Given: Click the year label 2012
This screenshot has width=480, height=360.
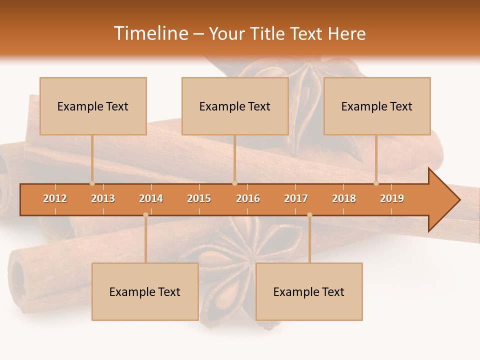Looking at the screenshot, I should click(x=55, y=198).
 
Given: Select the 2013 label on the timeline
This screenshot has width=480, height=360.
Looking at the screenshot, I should click(x=103, y=198).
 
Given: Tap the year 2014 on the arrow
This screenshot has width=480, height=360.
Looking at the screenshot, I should click(x=151, y=198).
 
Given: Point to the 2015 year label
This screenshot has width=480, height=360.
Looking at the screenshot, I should click(x=199, y=198).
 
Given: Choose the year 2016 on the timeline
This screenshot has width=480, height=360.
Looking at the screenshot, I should click(x=248, y=198).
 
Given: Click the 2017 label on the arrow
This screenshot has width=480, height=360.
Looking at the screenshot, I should click(x=296, y=198).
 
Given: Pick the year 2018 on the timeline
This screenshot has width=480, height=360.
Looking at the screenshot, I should click(x=344, y=198).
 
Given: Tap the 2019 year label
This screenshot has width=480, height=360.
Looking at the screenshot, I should click(x=392, y=198).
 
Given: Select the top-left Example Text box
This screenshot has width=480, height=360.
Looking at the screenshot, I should click(x=93, y=106).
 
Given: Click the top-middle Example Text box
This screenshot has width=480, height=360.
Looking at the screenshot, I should click(x=235, y=106).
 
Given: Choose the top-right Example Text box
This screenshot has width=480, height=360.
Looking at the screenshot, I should click(x=377, y=106).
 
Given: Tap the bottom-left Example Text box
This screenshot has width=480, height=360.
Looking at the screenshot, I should click(x=145, y=291).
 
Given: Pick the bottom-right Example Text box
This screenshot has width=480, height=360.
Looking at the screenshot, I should click(x=309, y=291).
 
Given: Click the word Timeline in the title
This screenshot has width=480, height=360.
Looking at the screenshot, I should click(x=150, y=33).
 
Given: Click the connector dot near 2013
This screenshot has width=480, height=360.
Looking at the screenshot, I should click(x=92, y=183).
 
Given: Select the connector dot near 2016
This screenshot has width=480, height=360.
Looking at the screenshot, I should click(x=235, y=183).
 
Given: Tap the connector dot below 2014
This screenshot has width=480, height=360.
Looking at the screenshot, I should click(x=145, y=215).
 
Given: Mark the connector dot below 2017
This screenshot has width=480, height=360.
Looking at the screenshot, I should click(x=309, y=215).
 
